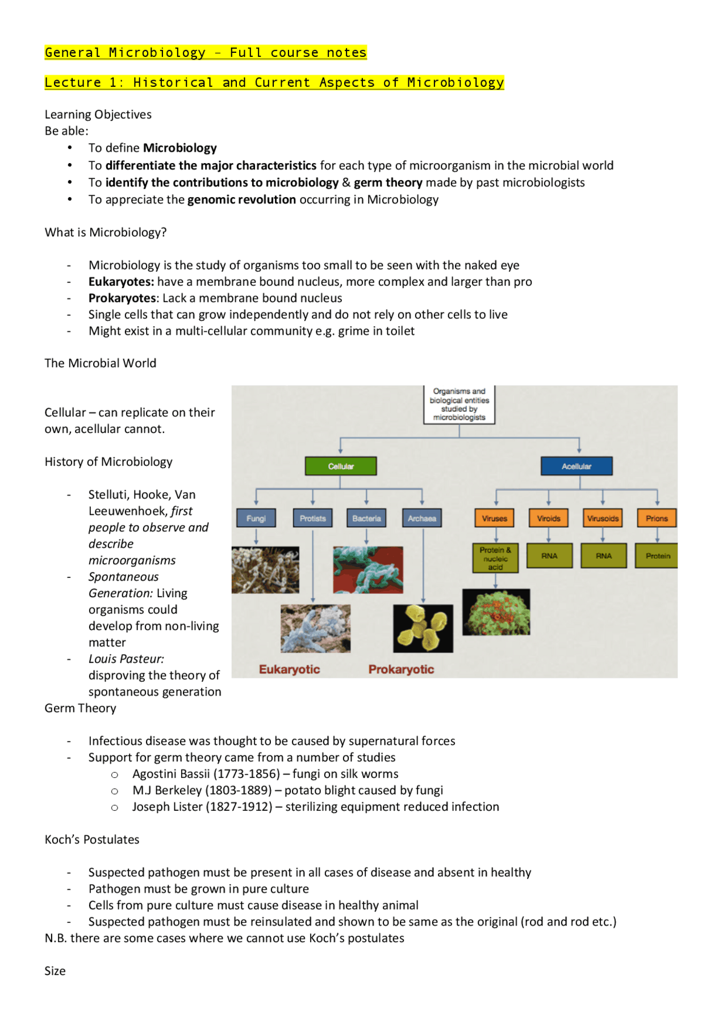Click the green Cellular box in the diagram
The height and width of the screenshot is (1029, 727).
tap(341, 466)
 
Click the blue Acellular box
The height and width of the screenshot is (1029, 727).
tap(576, 466)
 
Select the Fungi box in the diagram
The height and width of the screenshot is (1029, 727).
tap(256, 518)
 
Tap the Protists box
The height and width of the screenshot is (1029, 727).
tap(313, 518)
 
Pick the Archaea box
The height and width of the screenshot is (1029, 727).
tap(422, 518)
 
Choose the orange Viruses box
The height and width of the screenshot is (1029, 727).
tap(495, 518)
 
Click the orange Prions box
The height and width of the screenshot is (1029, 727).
tap(657, 518)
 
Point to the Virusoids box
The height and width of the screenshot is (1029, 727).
tap(603, 518)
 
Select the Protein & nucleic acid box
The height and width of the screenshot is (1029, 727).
tap(495, 558)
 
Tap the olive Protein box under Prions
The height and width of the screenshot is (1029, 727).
tap(658, 556)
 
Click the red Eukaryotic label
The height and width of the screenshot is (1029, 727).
tap(290, 669)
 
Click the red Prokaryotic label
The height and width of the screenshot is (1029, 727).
tap(401, 669)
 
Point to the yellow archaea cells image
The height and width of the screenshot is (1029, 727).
tap(423, 628)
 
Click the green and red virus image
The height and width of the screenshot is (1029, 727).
tap(496, 612)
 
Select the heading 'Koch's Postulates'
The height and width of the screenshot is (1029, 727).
tap(92, 840)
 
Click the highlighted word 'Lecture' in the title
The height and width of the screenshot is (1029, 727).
tap(73, 83)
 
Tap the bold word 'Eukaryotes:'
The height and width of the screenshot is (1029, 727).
tap(121, 282)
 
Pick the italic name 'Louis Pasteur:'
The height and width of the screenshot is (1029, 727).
tap(126, 659)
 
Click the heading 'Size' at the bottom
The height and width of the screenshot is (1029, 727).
tap(55, 971)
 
